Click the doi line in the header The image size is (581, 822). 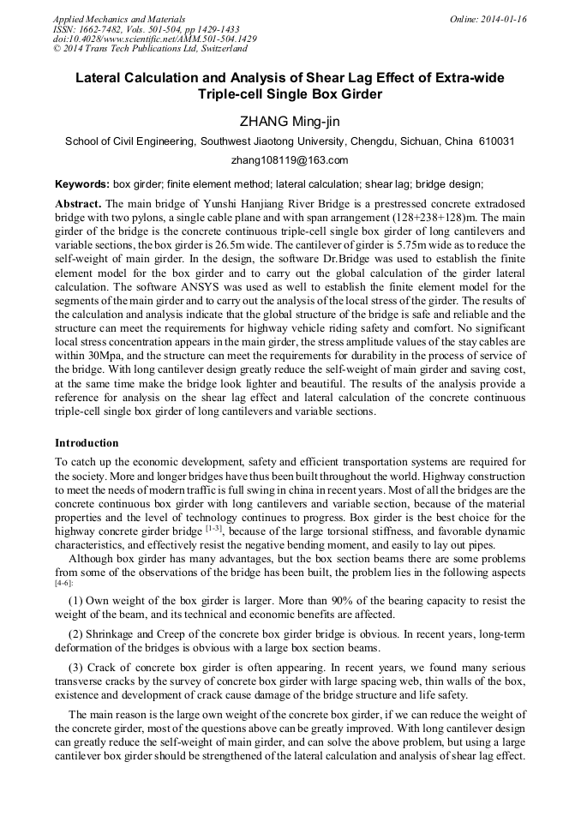pos(154,39)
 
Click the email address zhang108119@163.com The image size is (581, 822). pos(290,160)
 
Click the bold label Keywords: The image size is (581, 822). pos(82,184)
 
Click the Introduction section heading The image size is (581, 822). pos(87,443)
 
